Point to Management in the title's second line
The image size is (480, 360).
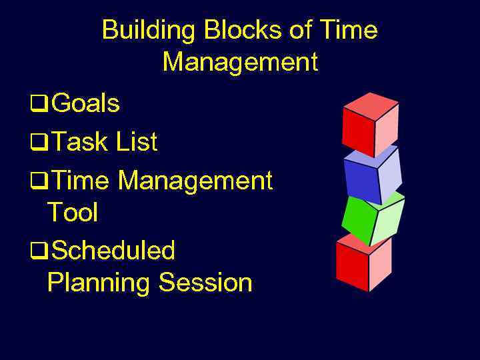click(240, 63)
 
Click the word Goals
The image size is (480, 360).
click(85, 104)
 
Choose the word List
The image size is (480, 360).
click(137, 142)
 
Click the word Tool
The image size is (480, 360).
click(73, 213)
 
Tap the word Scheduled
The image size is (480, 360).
click(113, 251)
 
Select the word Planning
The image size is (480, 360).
click(99, 283)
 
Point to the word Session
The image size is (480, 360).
click(205, 283)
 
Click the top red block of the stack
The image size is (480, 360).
click(369, 123)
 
